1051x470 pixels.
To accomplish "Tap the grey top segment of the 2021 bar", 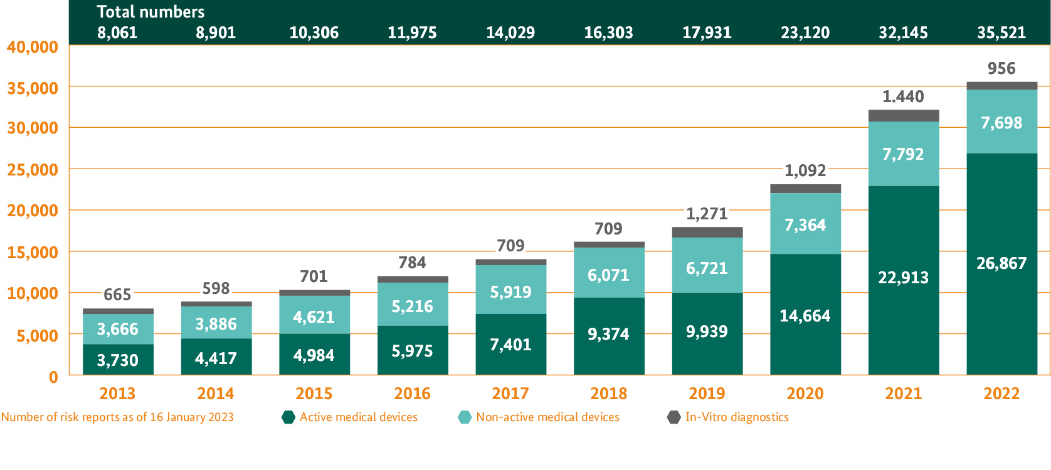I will tap(903, 116).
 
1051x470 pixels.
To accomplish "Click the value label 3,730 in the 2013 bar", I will tap(117, 360).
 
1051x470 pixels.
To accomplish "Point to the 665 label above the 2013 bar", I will tap(117, 295).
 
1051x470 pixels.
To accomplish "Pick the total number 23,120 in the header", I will tap(805, 33).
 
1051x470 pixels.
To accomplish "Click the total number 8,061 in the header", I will tap(117, 33).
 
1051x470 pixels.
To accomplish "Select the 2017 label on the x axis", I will tap(510, 394).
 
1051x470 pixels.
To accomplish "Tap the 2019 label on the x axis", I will tap(707, 394).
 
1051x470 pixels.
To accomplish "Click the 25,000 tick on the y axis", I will tap(33, 170).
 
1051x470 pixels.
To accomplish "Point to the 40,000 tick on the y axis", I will tap(33, 47).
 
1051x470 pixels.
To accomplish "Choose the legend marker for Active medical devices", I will tap(288, 417).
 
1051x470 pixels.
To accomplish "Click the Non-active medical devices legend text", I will tap(547, 417).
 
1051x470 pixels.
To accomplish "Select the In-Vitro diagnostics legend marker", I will tap(673, 417).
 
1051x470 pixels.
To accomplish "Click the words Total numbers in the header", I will tap(151, 12).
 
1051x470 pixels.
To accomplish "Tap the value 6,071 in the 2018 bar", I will tap(608, 275).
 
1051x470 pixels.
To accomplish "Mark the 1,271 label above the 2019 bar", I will tap(707, 214).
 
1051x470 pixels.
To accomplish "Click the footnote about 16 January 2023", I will tap(117, 417).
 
